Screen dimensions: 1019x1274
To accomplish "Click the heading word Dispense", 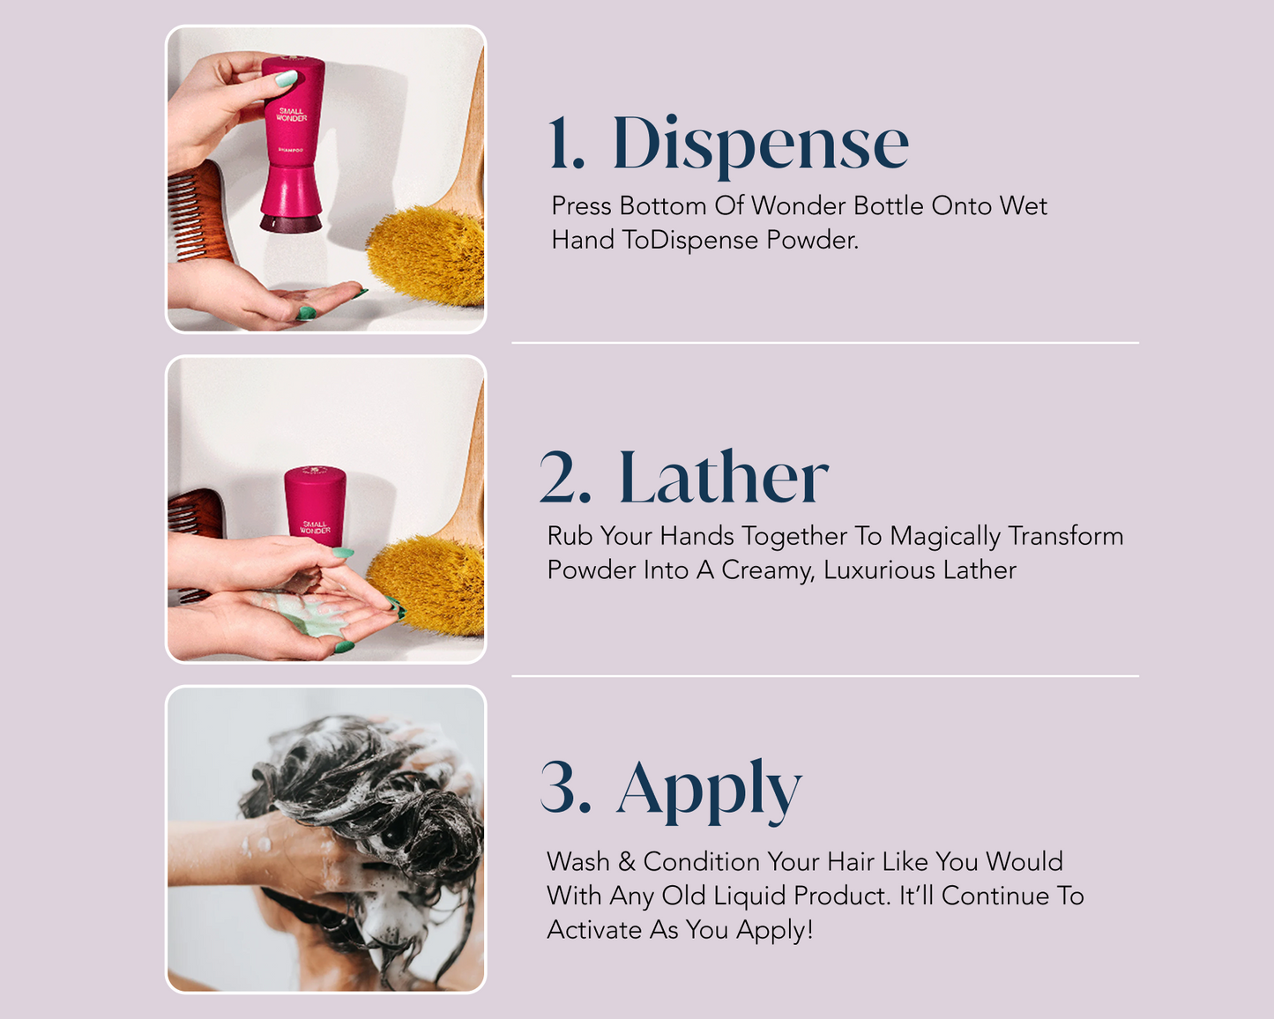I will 760,143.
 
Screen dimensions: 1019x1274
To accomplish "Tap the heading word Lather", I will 723,479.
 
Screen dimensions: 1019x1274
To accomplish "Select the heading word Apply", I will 709,789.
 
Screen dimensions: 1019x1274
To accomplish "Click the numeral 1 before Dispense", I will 565,145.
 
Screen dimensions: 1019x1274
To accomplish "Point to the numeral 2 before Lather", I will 565,479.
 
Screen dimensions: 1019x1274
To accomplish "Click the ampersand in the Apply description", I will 627,861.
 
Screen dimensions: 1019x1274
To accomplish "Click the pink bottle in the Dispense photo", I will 292,132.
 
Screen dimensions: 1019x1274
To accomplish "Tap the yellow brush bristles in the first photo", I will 428,256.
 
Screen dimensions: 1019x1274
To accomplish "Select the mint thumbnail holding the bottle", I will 286,79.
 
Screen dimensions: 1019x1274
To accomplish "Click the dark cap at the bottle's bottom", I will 291,223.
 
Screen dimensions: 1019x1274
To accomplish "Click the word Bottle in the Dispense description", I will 889,206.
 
